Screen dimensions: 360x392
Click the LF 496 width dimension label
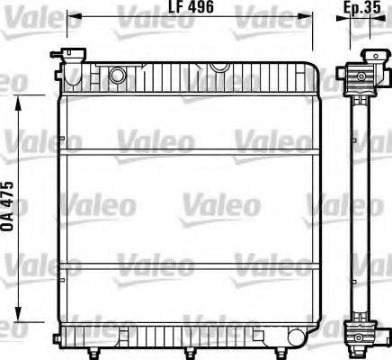(x=190, y=8)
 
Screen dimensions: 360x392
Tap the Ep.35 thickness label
(x=360, y=8)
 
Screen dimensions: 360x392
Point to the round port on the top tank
(x=117, y=75)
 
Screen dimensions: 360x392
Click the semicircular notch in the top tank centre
(x=218, y=67)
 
